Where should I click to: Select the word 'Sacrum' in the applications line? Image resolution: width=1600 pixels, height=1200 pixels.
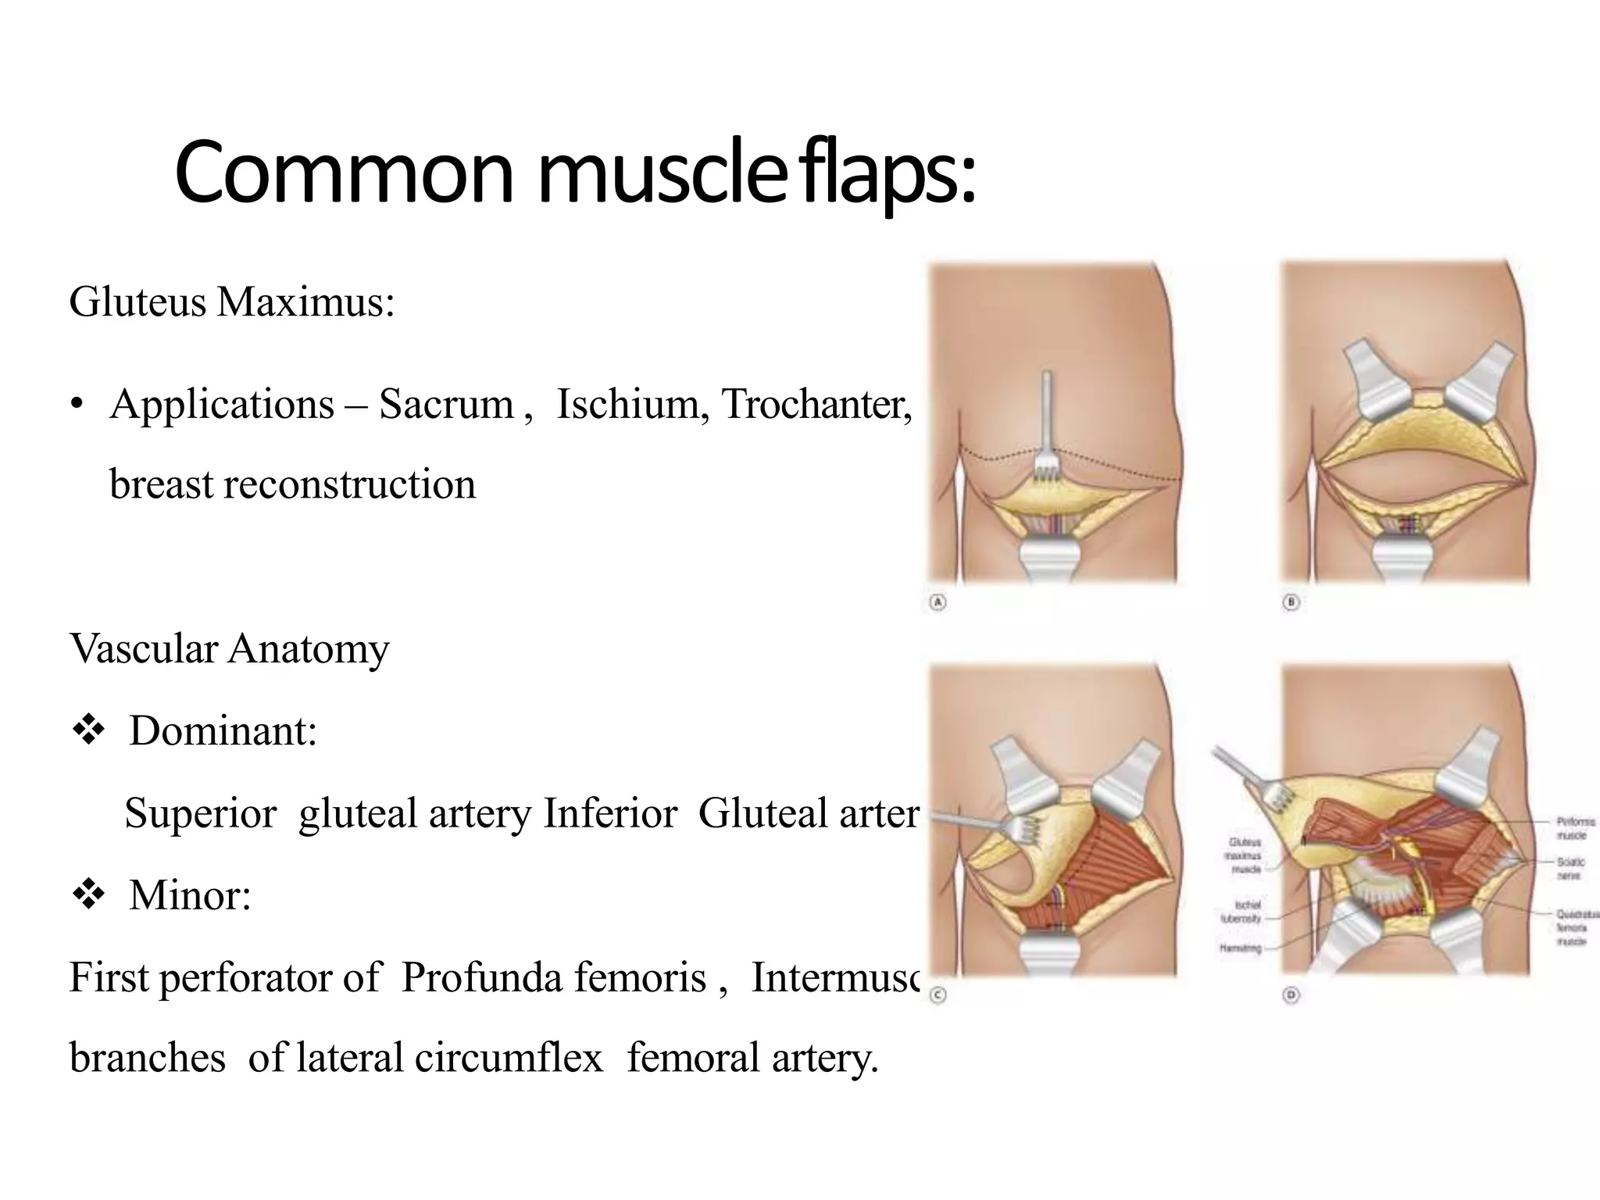point(446,405)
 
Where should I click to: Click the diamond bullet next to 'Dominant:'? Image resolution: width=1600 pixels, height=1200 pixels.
point(88,731)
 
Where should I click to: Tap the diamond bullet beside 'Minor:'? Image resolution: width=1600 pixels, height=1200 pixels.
point(88,895)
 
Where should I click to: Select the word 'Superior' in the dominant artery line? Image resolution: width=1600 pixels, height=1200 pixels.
point(201,813)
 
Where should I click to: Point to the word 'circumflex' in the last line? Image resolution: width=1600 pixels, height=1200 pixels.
point(509,1058)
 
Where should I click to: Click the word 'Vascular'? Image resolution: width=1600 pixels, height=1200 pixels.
point(143,648)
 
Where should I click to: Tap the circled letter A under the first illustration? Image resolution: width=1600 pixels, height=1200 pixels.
point(937,602)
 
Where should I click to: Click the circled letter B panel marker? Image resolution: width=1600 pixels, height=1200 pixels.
point(1291,602)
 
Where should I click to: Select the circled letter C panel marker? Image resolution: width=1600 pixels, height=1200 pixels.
point(938,995)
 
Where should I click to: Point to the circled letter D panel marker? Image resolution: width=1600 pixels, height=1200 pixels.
point(1291,995)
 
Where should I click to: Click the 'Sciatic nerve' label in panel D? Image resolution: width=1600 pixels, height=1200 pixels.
point(1570,869)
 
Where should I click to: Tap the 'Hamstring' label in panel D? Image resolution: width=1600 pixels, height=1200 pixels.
point(1240,948)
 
